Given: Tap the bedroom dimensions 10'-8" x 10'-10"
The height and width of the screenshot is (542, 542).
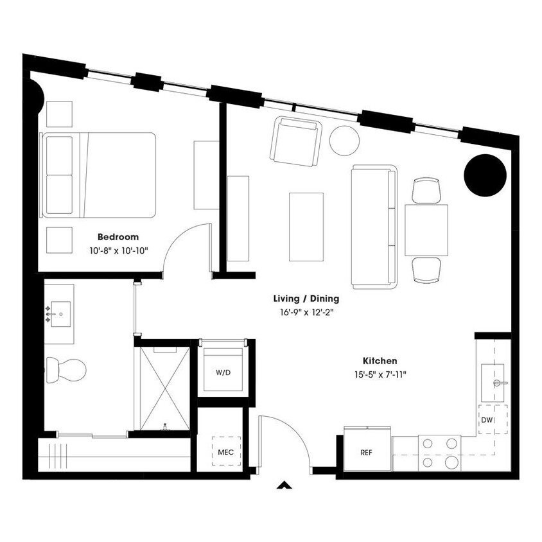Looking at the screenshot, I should (119, 251).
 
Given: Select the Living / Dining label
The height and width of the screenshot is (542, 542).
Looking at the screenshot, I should (306, 299).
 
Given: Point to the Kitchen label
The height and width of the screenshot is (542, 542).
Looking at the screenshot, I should (378, 362).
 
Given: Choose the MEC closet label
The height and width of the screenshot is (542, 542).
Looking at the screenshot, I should (225, 452).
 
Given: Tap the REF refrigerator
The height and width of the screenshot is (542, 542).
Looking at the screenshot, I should (366, 451).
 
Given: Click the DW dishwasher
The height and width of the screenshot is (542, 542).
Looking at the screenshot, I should (486, 421).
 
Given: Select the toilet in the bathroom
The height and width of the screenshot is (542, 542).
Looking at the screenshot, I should (67, 370).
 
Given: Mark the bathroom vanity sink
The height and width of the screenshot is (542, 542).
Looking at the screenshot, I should (59, 314).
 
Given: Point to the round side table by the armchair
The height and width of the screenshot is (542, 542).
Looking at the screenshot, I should (345, 139).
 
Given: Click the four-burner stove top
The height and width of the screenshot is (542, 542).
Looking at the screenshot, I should (440, 452).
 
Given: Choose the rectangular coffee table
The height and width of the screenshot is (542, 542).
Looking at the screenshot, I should (306, 226).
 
